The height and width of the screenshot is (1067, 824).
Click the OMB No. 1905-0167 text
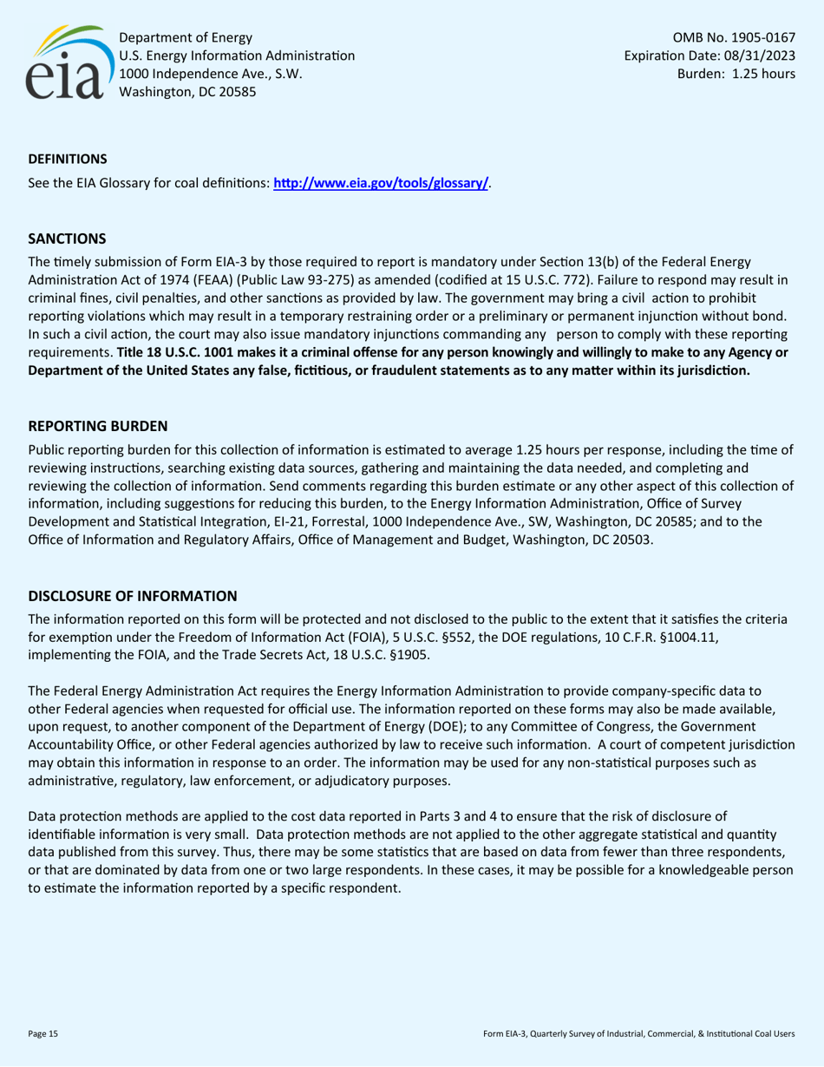734,38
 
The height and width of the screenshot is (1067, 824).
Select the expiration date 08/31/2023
756,56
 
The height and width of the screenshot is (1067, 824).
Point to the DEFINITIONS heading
68,159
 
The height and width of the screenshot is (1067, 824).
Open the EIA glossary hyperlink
382,183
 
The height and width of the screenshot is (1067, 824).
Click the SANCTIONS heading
67,238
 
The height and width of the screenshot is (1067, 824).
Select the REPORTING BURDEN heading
98,427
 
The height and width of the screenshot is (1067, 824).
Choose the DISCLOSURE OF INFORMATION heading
133,596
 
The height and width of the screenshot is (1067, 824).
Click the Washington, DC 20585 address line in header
186,92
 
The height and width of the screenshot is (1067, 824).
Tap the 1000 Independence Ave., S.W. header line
210,75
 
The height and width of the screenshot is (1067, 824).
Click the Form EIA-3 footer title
638,1034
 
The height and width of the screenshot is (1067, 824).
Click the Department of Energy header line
186,38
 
